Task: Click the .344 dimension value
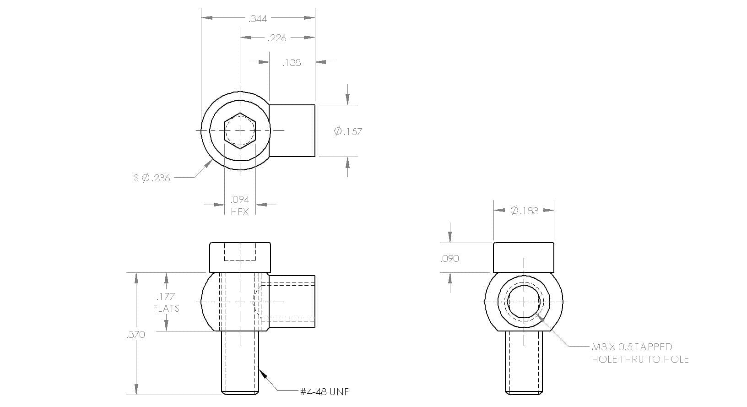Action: coord(258,19)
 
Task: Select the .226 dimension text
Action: coord(277,38)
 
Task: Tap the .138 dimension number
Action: coord(292,63)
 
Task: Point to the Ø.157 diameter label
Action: coord(348,131)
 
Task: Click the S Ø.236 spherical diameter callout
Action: coord(152,178)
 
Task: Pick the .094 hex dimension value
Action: coord(240,200)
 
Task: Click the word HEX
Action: coord(240,212)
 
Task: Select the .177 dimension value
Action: coord(166,296)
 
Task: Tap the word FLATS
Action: coord(166,308)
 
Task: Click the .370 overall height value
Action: coord(136,335)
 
